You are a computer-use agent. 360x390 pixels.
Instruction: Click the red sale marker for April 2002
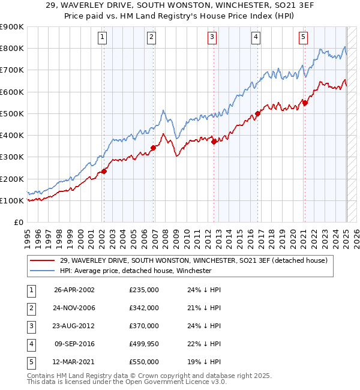104,171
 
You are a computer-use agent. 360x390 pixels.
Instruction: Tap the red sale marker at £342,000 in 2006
153,148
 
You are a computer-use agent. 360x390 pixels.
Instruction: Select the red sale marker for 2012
214,142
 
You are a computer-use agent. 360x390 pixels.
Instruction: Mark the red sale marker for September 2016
257,113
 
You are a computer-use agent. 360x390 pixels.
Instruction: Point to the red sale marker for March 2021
305,103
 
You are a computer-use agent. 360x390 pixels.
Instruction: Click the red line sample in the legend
41,260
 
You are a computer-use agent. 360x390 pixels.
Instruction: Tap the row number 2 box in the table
30,308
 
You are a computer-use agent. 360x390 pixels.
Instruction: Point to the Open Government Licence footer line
127,382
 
